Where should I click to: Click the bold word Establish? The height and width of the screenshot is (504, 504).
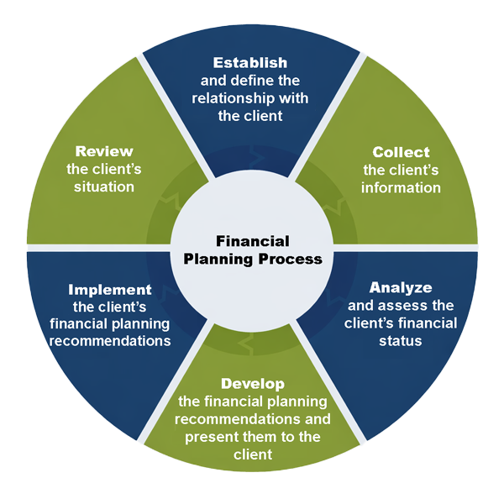(x=250, y=63)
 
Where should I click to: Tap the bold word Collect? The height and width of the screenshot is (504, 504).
(x=401, y=152)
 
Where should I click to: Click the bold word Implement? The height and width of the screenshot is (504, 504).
(x=109, y=289)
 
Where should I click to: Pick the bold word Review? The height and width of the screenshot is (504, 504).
(x=104, y=151)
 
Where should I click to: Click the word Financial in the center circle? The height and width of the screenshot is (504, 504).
(x=252, y=239)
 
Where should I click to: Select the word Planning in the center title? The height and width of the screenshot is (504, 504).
(x=217, y=259)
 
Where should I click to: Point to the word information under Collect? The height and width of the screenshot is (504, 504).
(x=401, y=187)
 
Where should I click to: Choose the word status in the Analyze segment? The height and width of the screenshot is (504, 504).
(x=402, y=342)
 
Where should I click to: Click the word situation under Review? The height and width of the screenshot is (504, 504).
(x=104, y=186)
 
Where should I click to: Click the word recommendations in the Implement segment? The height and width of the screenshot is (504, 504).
(x=110, y=341)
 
